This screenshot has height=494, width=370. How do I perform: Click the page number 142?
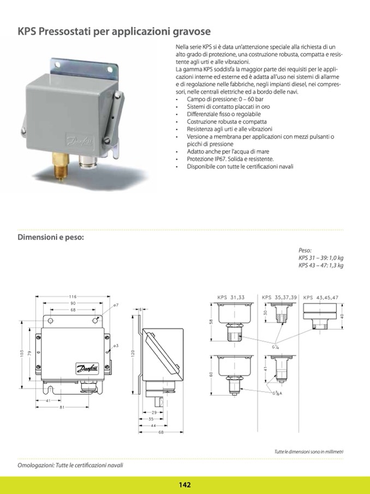pyautogui.click(x=184, y=485)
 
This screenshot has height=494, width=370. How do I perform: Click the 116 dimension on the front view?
pyautogui.click(x=73, y=296)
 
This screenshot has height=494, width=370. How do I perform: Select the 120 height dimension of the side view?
pyautogui.click(x=132, y=355)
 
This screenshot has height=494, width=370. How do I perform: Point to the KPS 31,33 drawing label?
pyautogui.click(x=231, y=297)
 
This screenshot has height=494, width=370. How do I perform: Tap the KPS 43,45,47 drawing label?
pyautogui.click(x=321, y=297)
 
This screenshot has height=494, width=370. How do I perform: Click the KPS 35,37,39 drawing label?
pyautogui.click(x=279, y=297)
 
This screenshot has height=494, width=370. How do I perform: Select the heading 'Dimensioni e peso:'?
pyautogui.click(x=51, y=238)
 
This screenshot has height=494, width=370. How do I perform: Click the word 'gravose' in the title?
pyautogui.click(x=190, y=32)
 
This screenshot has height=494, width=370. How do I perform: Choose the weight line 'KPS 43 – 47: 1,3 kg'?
pyautogui.click(x=321, y=266)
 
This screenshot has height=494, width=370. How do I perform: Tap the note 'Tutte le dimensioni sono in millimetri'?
pyautogui.click(x=309, y=451)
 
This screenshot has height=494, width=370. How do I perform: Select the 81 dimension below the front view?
pyautogui.click(x=63, y=407)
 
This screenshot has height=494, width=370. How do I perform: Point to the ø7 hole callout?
pyautogui.click(x=116, y=305)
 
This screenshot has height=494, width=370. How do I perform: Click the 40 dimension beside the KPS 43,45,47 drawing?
pyautogui.click(x=342, y=316)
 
